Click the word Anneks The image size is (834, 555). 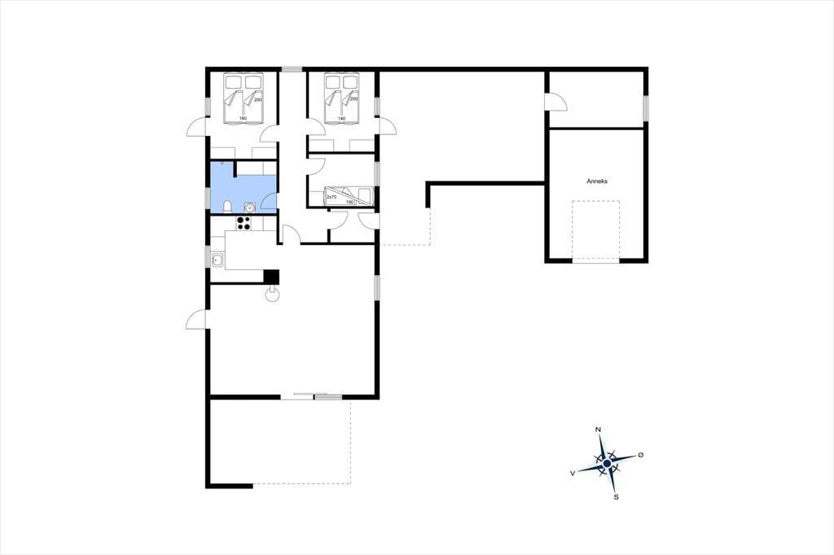coord(597,181)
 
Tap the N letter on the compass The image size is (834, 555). coord(599,430)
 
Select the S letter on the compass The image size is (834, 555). coord(616,497)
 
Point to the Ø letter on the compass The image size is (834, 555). coord(640,455)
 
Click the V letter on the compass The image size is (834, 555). coord(573,473)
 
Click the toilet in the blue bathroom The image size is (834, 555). coord(227,206)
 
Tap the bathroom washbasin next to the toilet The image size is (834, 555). coord(248,207)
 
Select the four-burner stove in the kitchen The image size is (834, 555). coord(244,223)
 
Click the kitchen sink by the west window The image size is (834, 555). coord(217,260)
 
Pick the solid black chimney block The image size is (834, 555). coord(272,277)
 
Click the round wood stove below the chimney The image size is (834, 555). coord(272,295)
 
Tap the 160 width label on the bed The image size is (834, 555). coord(243,119)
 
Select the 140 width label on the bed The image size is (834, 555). coord(341,119)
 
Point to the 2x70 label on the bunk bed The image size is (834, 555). coord(331,197)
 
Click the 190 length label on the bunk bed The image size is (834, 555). coord(350,202)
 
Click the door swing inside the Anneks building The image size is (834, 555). coord(557,102)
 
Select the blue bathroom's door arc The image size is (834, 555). coord(269,200)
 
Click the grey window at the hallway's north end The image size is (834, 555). coord(292,68)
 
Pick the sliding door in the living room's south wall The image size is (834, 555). coord(312,396)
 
